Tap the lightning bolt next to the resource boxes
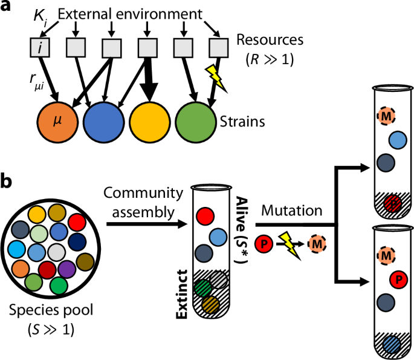coord(217,76)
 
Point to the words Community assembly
coord(143,202)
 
